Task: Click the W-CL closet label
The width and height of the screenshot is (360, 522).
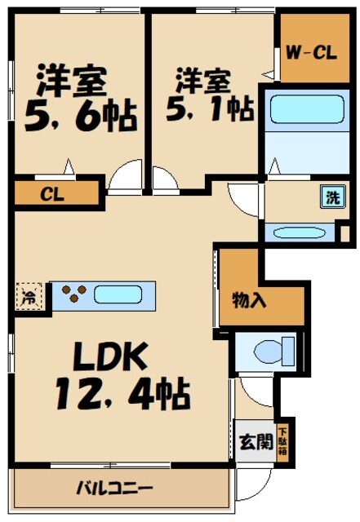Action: (x=311, y=54)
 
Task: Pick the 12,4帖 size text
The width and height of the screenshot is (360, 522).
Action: (x=122, y=396)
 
